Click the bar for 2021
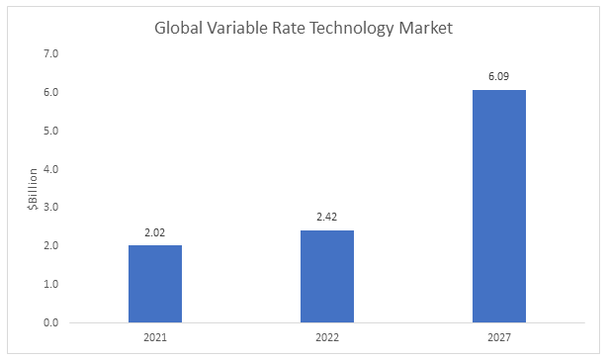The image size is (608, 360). (x=155, y=284)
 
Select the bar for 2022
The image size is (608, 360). (x=327, y=277)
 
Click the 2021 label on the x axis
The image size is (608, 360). (x=155, y=337)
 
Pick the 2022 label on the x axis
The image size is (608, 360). (x=327, y=337)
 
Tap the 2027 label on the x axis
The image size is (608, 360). (x=499, y=337)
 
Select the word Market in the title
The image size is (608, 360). (x=425, y=28)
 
